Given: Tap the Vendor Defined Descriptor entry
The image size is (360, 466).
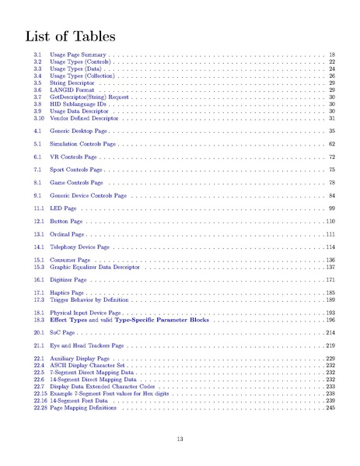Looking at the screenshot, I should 83,118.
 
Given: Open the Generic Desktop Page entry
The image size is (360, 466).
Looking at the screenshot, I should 79,132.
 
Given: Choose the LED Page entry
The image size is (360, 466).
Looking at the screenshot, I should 63,208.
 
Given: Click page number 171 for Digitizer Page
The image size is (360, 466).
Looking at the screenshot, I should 330,279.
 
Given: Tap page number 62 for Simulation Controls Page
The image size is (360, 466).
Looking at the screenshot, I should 331,145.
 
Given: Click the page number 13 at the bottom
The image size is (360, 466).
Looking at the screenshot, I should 180,440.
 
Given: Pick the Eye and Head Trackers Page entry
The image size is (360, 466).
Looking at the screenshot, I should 86,345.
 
